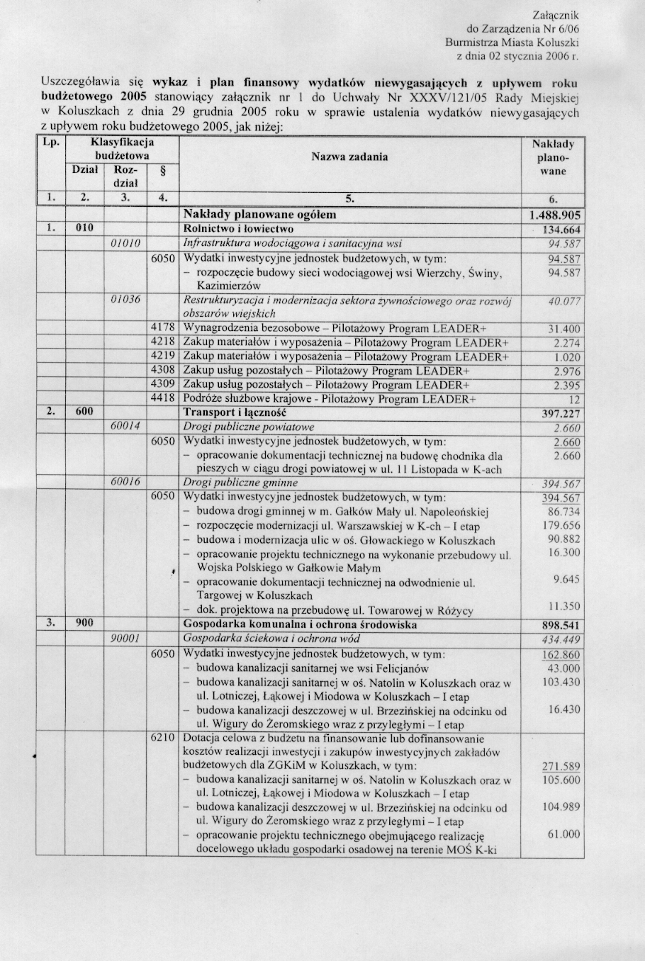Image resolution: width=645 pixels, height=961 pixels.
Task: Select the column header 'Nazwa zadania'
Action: click(x=349, y=157)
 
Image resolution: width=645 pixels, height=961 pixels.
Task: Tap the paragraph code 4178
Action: click(x=162, y=328)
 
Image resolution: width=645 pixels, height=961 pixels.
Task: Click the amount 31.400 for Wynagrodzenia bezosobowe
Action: click(x=564, y=329)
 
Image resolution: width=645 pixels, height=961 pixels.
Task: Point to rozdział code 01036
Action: click(x=125, y=300)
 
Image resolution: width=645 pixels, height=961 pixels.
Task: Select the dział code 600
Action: click(x=84, y=412)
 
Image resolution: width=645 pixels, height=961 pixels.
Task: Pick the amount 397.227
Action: click(x=561, y=414)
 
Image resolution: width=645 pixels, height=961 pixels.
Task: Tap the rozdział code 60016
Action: click(x=125, y=482)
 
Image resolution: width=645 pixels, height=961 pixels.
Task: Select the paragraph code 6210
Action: click(x=162, y=737)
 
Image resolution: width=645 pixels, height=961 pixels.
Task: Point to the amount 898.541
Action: click(x=561, y=626)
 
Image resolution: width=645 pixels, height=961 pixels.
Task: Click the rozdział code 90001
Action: click(x=125, y=639)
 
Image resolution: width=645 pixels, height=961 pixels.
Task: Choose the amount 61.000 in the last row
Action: click(x=564, y=834)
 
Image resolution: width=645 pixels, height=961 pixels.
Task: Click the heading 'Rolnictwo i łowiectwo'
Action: click(x=238, y=229)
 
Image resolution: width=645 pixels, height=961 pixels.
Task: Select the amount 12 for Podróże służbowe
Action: click(x=574, y=400)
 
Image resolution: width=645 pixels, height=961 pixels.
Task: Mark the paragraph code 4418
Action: click(x=162, y=398)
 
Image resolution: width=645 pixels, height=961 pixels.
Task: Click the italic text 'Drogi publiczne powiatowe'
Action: click(x=248, y=427)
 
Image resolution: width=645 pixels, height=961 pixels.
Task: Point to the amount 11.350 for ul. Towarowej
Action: click(x=564, y=607)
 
